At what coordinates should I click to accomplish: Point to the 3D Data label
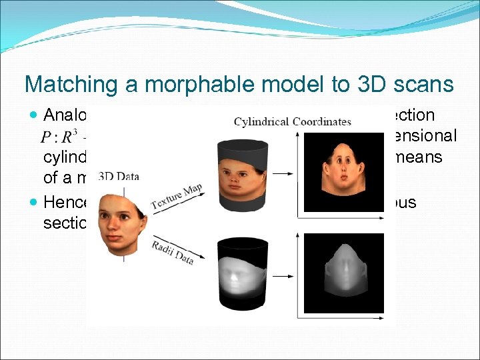pos(119,177)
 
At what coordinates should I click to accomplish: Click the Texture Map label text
pos(177,199)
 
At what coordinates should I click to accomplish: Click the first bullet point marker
pos(34,116)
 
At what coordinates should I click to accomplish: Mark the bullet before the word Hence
pos(34,202)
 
